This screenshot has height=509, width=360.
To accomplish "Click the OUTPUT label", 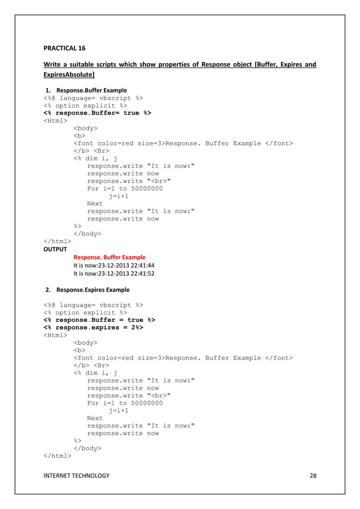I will click(55, 249).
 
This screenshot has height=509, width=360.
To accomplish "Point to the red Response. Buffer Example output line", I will click(109, 257).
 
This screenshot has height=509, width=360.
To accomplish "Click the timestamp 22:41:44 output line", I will click(114, 265).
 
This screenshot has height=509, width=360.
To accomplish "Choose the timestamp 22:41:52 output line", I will click(114, 274).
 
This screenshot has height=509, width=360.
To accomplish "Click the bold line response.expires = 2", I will click(93, 327).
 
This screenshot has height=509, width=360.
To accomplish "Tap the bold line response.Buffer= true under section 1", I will click(97, 112).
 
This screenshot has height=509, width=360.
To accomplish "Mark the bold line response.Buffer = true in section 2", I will click(99, 319).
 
